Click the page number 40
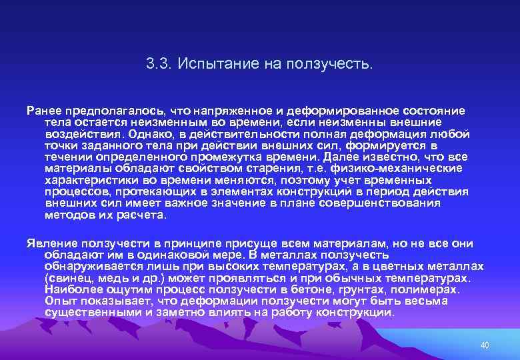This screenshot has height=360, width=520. (485, 345)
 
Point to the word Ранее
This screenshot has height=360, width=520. (42, 109)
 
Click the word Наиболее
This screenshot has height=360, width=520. (71, 289)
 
